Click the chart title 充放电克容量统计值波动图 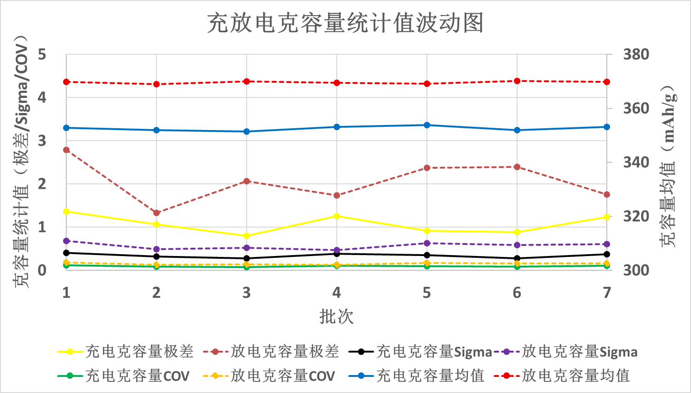point(345,23)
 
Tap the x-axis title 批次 point(336,317)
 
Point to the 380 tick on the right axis point(636,54)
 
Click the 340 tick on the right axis point(636,162)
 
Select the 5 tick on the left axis point(42,55)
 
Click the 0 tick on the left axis point(42,270)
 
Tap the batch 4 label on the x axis point(337,293)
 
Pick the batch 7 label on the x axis point(607,293)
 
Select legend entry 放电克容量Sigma point(579,352)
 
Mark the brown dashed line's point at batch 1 point(66,150)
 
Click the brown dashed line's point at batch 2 point(156,213)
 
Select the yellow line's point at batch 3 point(247,236)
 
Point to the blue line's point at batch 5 point(427,125)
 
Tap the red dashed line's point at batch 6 point(517,81)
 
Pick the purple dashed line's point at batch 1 point(66,241)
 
